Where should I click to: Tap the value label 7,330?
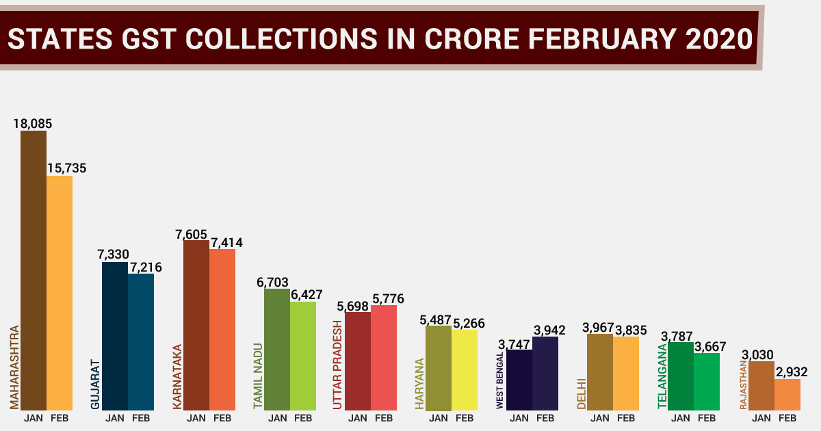pos(114,254)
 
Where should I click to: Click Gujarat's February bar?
pos(141,342)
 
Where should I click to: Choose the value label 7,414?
pos(226,242)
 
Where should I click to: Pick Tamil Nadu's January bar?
pos(277,349)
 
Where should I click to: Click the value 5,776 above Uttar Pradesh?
pos(388,298)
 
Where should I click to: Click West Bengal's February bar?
pos(545,374)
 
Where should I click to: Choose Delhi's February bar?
pos(626,374)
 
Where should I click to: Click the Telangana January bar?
pos(681,376)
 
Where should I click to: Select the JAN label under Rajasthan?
pos(761,417)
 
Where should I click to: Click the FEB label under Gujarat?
pos(141,417)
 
